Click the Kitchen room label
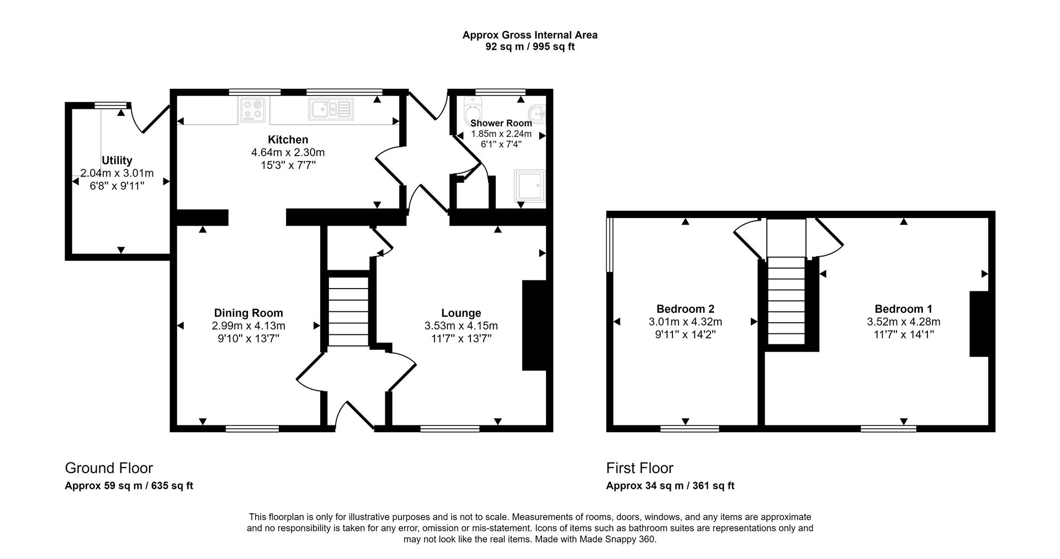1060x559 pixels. pyautogui.click(x=288, y=140)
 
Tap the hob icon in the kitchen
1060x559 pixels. pyautogui.click(x=253, y=110)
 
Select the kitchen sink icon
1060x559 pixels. pyautogui.click(x=330, y=109)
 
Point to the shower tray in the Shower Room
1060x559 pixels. pyautogui.click(x=529, y=185)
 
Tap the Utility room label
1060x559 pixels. pyautogui.click(x=117, y=161)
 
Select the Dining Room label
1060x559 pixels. pyautogui.click(x=248, y=313)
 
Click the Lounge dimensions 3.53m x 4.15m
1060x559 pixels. pyautogui.click(x=461, y=326)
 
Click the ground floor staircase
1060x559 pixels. pyautogui.click(x=348, y=312)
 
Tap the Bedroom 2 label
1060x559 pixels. pyautogui.click(x=685, y=309)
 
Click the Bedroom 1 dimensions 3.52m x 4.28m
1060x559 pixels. pyautogui.click(x=903, y=322)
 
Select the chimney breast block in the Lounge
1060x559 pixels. pyautogui.click(x=534, y=325)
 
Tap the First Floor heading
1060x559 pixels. pyautogui.click(x=639, y=468)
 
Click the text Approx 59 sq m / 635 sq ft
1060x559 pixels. pyautogui.click(x=129, y=486)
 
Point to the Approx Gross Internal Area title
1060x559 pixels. pyautogui.click(x=529, y=35)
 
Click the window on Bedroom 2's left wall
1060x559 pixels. pyautogui.click(x=609, y=245)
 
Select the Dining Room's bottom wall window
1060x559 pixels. pyautogui.click(x=252, y=428)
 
